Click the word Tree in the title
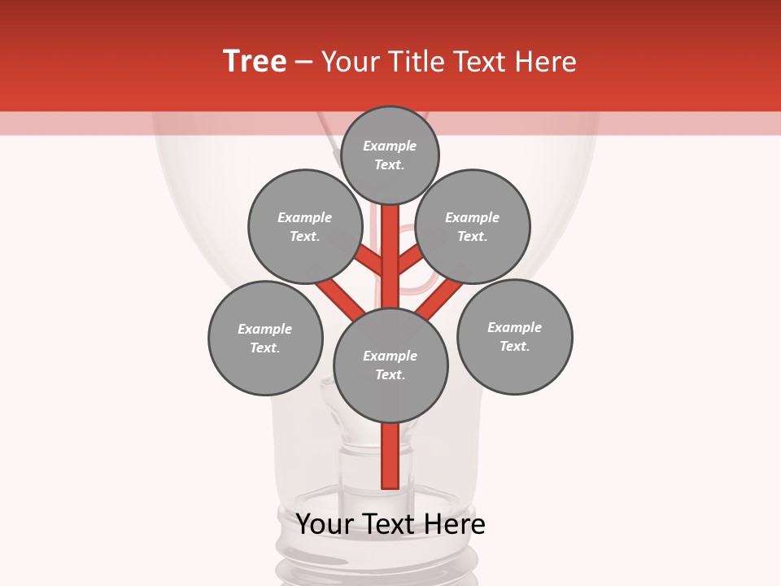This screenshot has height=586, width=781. pos(255,62)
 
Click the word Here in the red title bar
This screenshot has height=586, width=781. pos(545,62)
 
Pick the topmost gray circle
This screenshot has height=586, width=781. pos(390,155)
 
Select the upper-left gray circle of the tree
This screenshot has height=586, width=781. pos(305,226)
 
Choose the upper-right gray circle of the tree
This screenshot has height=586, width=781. pos(473,226)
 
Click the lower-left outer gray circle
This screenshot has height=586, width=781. pos(265,338)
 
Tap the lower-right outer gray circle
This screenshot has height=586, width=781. pos(515,336)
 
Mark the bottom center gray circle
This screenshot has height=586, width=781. pos(390,365)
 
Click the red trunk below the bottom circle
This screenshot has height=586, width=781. pos(390,456)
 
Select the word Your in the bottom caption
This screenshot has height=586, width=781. pos(324,524)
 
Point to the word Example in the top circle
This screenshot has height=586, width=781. pos(390,146)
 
